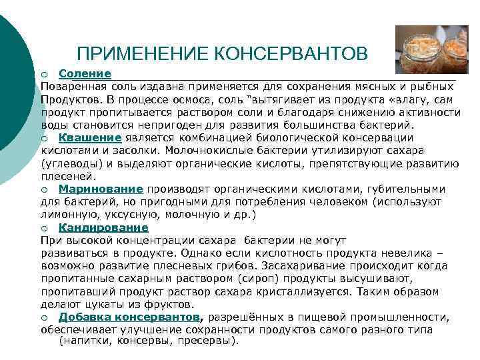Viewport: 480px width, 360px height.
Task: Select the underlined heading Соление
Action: pyautogui.click(x=85, y=73)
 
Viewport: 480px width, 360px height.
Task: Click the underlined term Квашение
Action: pyautogui.click(x=89, y=138)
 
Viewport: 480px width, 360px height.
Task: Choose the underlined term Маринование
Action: pyautogui.click(x=101, y=189)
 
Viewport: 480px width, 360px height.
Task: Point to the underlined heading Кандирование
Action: pyautogui.click(x=103, y=227)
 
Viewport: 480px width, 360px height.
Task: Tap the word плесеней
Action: pyautogui.click(x=69, y=177)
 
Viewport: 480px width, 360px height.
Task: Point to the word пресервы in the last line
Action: pyautogui.click(x=210, y=340)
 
